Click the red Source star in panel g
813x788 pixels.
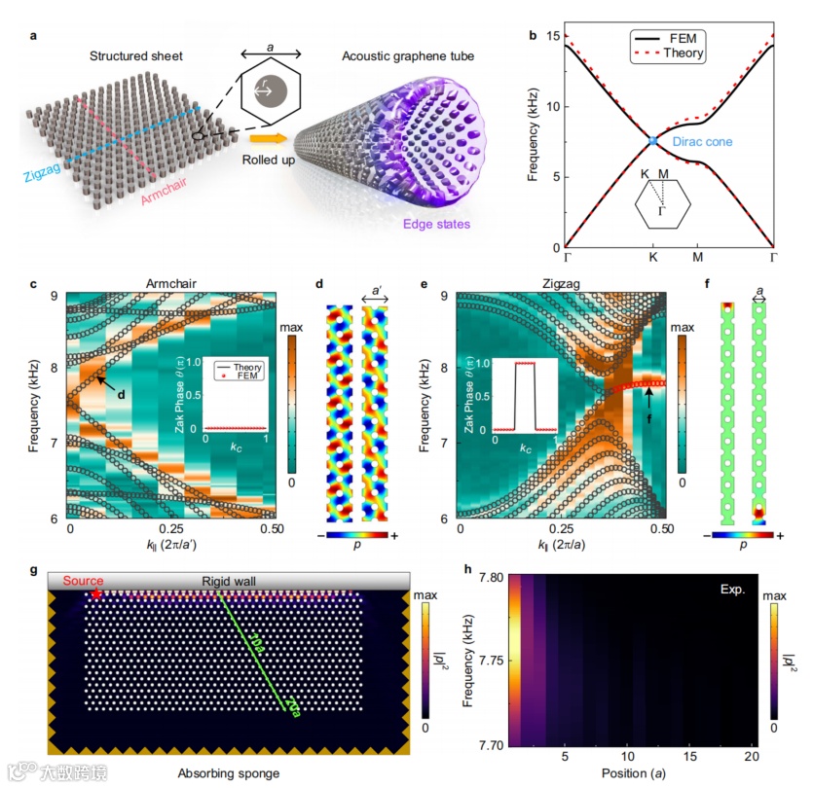pos(96,593)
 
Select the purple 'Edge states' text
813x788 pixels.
pos(420,227)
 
